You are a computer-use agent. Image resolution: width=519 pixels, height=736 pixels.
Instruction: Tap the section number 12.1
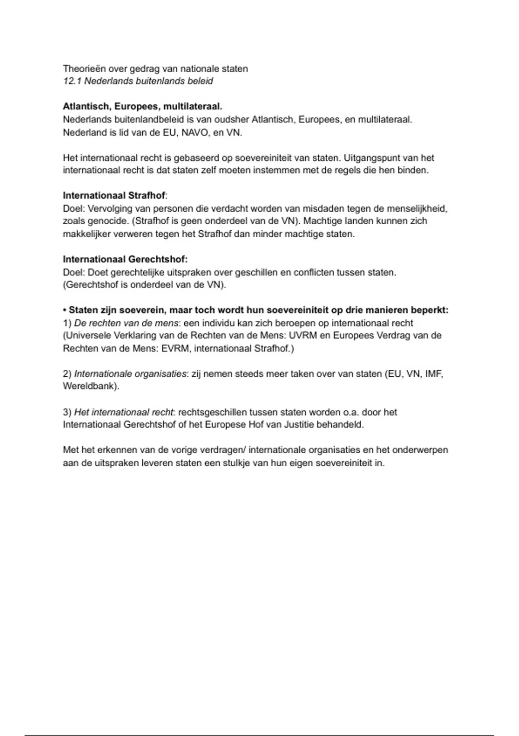click(x=72, y=81)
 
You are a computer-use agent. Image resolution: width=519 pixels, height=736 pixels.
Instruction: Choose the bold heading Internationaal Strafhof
click(x=114, y=196)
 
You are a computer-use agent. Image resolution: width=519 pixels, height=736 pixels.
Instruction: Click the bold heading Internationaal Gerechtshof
click(x=125, y=259)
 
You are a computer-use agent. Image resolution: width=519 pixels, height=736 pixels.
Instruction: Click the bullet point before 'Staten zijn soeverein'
click(x=65, y=310)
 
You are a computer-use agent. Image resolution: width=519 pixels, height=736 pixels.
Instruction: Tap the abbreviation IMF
click(x=434, y=374)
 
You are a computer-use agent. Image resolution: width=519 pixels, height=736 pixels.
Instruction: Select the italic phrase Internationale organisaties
click(x=130, y=374)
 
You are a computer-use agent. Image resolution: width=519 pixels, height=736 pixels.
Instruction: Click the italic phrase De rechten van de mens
click(x=126, y=323)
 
